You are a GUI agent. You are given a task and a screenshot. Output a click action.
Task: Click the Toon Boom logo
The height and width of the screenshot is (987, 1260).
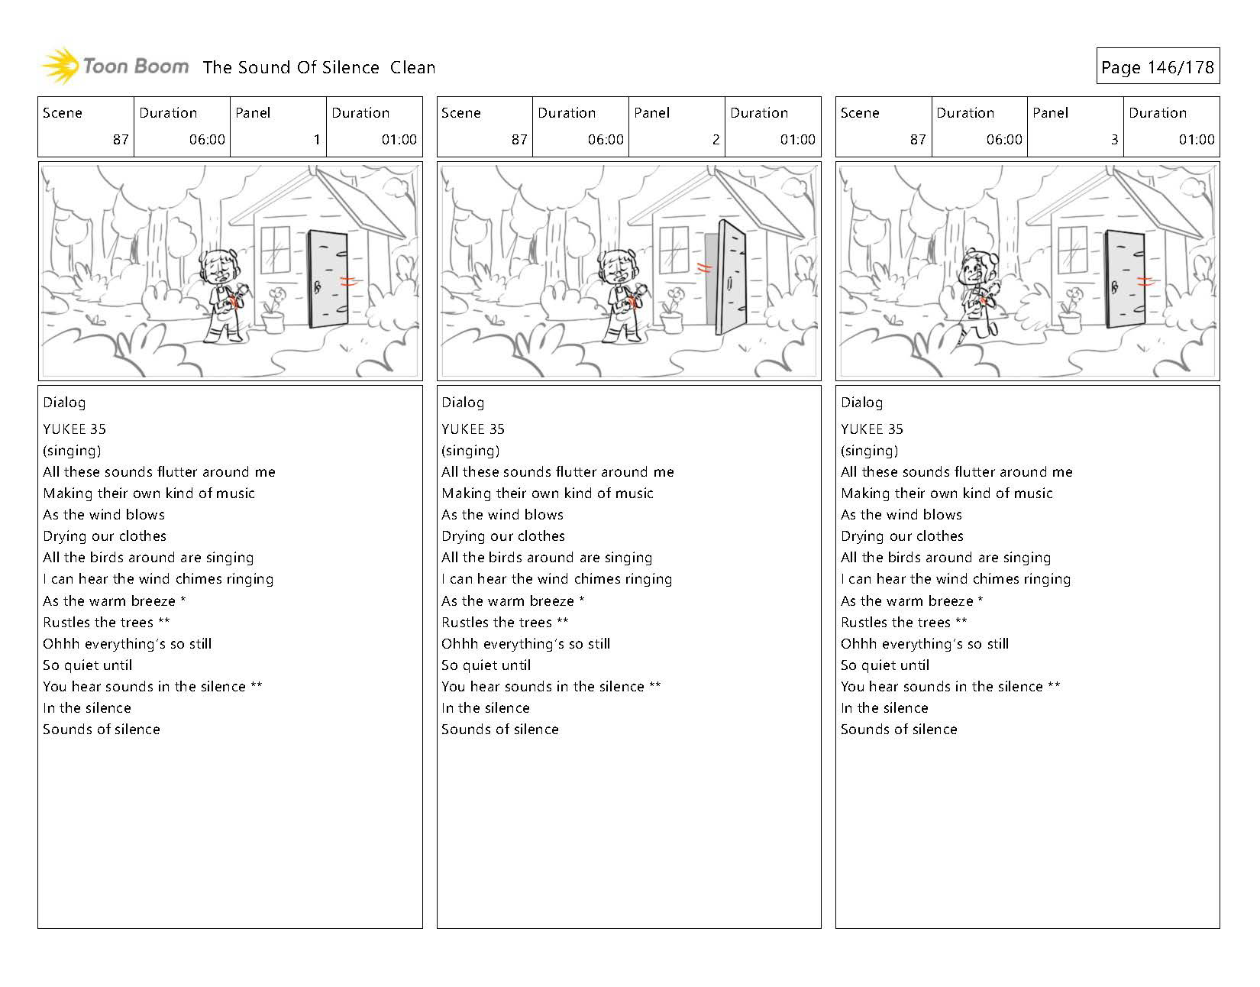[115, 66]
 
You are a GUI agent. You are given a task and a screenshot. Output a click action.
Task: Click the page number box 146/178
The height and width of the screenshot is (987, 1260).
[1157, 67]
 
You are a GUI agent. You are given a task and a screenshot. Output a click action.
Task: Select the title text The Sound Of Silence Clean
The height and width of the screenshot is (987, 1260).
[319, 67]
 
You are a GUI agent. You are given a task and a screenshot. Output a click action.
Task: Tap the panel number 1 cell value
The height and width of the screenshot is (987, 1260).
[316, 140]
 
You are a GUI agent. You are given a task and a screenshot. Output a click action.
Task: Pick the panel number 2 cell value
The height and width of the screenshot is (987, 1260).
[715, 140]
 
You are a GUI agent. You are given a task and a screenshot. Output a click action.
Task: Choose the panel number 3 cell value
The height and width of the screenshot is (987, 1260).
[1114, 140]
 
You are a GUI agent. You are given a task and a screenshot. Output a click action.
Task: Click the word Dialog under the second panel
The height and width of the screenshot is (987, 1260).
[463, 403]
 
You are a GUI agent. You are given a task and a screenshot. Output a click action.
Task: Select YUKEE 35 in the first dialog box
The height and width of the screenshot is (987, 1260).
[74, 429]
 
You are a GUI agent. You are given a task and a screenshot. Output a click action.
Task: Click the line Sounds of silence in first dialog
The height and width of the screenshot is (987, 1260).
[102, 730]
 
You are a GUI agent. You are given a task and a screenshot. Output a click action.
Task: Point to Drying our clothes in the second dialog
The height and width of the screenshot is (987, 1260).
[503, 536]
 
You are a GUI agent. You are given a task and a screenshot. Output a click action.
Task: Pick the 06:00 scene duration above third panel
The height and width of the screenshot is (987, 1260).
[1003, 140]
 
